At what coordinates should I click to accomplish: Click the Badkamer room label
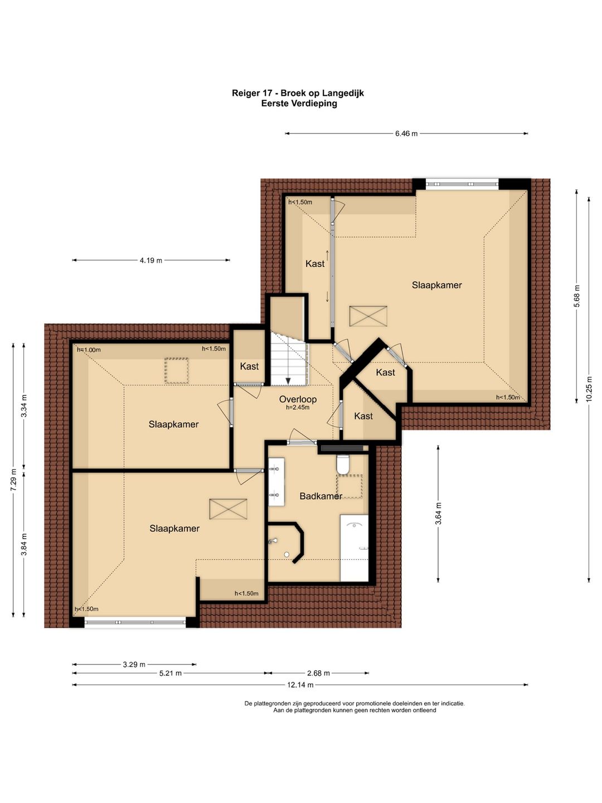321,496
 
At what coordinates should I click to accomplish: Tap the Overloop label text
298,399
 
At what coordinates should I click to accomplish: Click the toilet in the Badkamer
343,465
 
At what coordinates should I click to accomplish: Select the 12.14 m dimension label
300,685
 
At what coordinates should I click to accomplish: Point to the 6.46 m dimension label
406,133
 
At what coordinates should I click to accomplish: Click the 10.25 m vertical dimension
589,389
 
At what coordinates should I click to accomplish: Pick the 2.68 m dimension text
318,673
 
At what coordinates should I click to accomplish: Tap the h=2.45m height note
298,407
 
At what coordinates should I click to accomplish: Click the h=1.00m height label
89,350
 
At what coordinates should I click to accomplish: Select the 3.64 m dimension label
438,514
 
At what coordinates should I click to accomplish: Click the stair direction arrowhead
288,381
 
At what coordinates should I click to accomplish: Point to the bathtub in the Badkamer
354,548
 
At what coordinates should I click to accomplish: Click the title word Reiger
245,93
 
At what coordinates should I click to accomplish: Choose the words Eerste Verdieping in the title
299,104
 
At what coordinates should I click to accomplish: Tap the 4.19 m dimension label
151,260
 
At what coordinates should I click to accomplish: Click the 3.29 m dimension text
134,664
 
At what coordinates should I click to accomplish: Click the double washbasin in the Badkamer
276,481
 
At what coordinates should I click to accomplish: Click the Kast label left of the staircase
249,366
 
